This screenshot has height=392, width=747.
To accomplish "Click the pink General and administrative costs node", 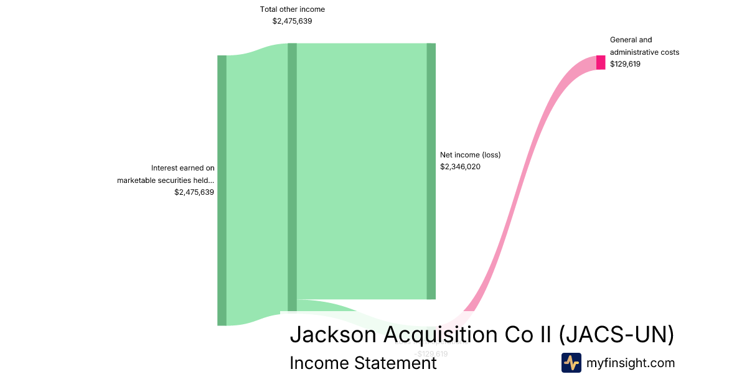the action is tap(601, 62).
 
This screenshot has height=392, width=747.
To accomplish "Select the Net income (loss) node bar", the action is tap(431, 171).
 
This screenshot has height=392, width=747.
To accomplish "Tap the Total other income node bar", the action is tap(292, 177).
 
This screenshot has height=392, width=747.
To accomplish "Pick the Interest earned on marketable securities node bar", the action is tap(222, 190).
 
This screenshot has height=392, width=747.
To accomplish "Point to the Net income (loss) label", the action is tap(470, 155).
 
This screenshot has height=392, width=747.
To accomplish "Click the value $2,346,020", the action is tap(460, 167).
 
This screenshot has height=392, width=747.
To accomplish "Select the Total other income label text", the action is tap(292, 9).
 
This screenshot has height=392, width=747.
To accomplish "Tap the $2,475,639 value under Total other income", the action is tap(292, 21).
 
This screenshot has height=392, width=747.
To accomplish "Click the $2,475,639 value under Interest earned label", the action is tap(194, 192).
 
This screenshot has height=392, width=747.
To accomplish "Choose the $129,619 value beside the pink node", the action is tap(625, 64).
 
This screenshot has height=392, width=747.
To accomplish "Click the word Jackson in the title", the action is tap(332, 335).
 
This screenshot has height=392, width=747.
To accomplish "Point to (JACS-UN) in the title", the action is tap(616, 335).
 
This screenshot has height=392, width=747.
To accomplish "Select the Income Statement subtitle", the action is tap(363, 363).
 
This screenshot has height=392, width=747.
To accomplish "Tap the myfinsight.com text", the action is tap(631, 363).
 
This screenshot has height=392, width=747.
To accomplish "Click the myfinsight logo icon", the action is tap(571, 363).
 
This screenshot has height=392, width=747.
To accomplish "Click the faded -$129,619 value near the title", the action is tap(431, 354).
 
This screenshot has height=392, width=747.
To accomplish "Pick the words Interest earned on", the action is tap(182, 168).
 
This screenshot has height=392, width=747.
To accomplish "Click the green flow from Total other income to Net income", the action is tap(361, 171).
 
